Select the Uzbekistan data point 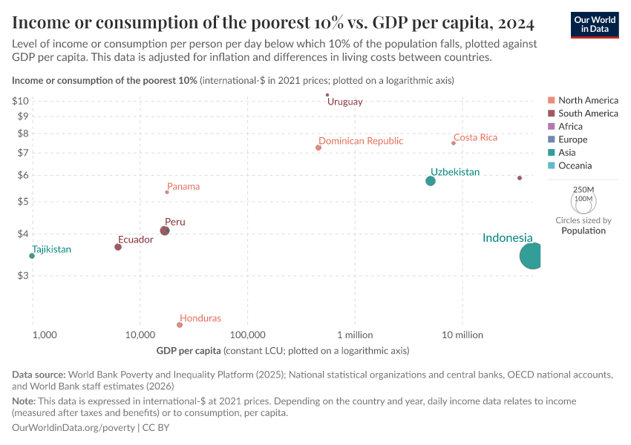click(431, 181)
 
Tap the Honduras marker click(180, 325)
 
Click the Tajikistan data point click(32, 256)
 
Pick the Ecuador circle click(118, 247)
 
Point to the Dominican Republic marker click(318, 148)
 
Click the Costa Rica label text click(475, 137)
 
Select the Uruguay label click(345, 102)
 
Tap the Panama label click(183, 187)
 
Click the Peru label click(175, 222)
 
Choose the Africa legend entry click(570, 127)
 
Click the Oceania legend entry click(575, 166)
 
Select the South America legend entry click(588, 113)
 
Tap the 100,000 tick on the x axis click(247, 334)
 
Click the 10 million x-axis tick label click(462, 334)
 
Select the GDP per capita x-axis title click(189, 350)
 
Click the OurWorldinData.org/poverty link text click(73, 428)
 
